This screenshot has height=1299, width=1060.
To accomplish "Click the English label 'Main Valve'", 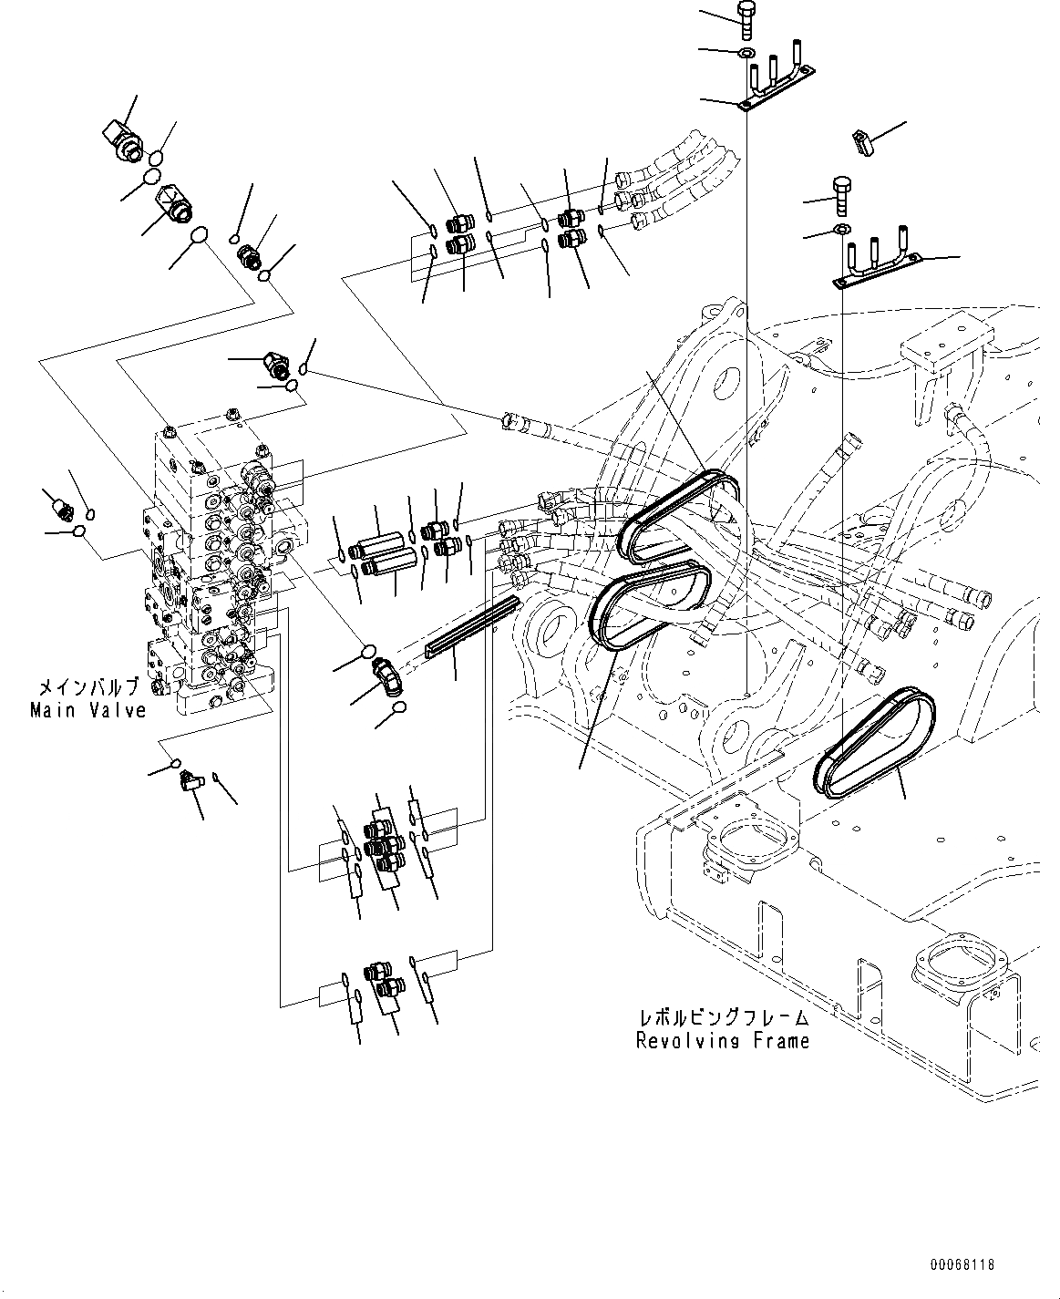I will [x=87, y=710].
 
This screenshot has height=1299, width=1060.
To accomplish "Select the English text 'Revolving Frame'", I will [x=723, y=1040].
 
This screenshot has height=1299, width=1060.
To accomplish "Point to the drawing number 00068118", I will [x=962, y=1265].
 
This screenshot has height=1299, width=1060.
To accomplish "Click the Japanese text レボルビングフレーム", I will [x=723, y=1017].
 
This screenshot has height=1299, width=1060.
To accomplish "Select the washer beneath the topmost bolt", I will [x=746, y=52].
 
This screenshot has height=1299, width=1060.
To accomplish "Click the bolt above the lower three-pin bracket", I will [x=842, y=194].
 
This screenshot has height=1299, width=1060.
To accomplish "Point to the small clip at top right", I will [x=861, y=140].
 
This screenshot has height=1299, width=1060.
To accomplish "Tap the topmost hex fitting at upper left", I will [x=121, y=138].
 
